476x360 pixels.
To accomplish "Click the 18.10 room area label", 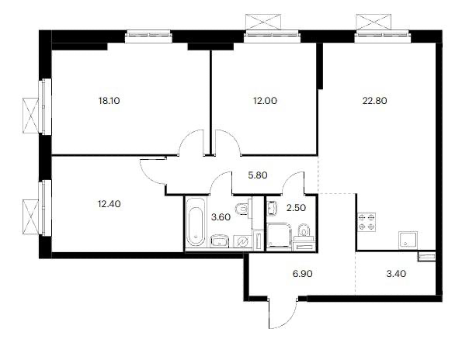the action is click(x=109, y=101).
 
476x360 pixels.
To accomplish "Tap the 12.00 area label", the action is click(x=265, y=101).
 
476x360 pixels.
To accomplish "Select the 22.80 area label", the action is click(x=374, y=101).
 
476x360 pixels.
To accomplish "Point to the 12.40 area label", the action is click(x=109, y=204).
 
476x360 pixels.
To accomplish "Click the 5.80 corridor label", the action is click(x=258, y=175).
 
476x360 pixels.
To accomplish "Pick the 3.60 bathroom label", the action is click(x=221, y=217).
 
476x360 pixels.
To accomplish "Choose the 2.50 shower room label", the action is click(x=296, y=208).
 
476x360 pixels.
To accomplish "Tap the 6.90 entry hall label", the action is click(x=302, y=274).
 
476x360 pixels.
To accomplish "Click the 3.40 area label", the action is click(x=396, y=274).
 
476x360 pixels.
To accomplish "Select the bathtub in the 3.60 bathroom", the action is click(x=195, y=223).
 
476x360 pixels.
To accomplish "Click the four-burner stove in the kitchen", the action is click(x=367, y=222).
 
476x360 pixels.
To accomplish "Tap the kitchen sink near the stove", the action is click(x=408, y=239).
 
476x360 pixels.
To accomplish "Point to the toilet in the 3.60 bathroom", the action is click(x=242, y=209).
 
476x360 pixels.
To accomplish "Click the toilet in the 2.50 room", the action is click(x=304, y=231).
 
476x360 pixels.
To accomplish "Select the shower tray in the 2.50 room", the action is click(x=279, y=236).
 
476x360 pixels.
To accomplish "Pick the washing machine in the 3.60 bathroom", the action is click(x=242, y=242).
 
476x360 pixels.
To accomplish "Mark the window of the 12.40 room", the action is click(x=46, y=208).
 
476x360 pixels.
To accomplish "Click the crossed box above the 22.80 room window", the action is click(x=374, y=22).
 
